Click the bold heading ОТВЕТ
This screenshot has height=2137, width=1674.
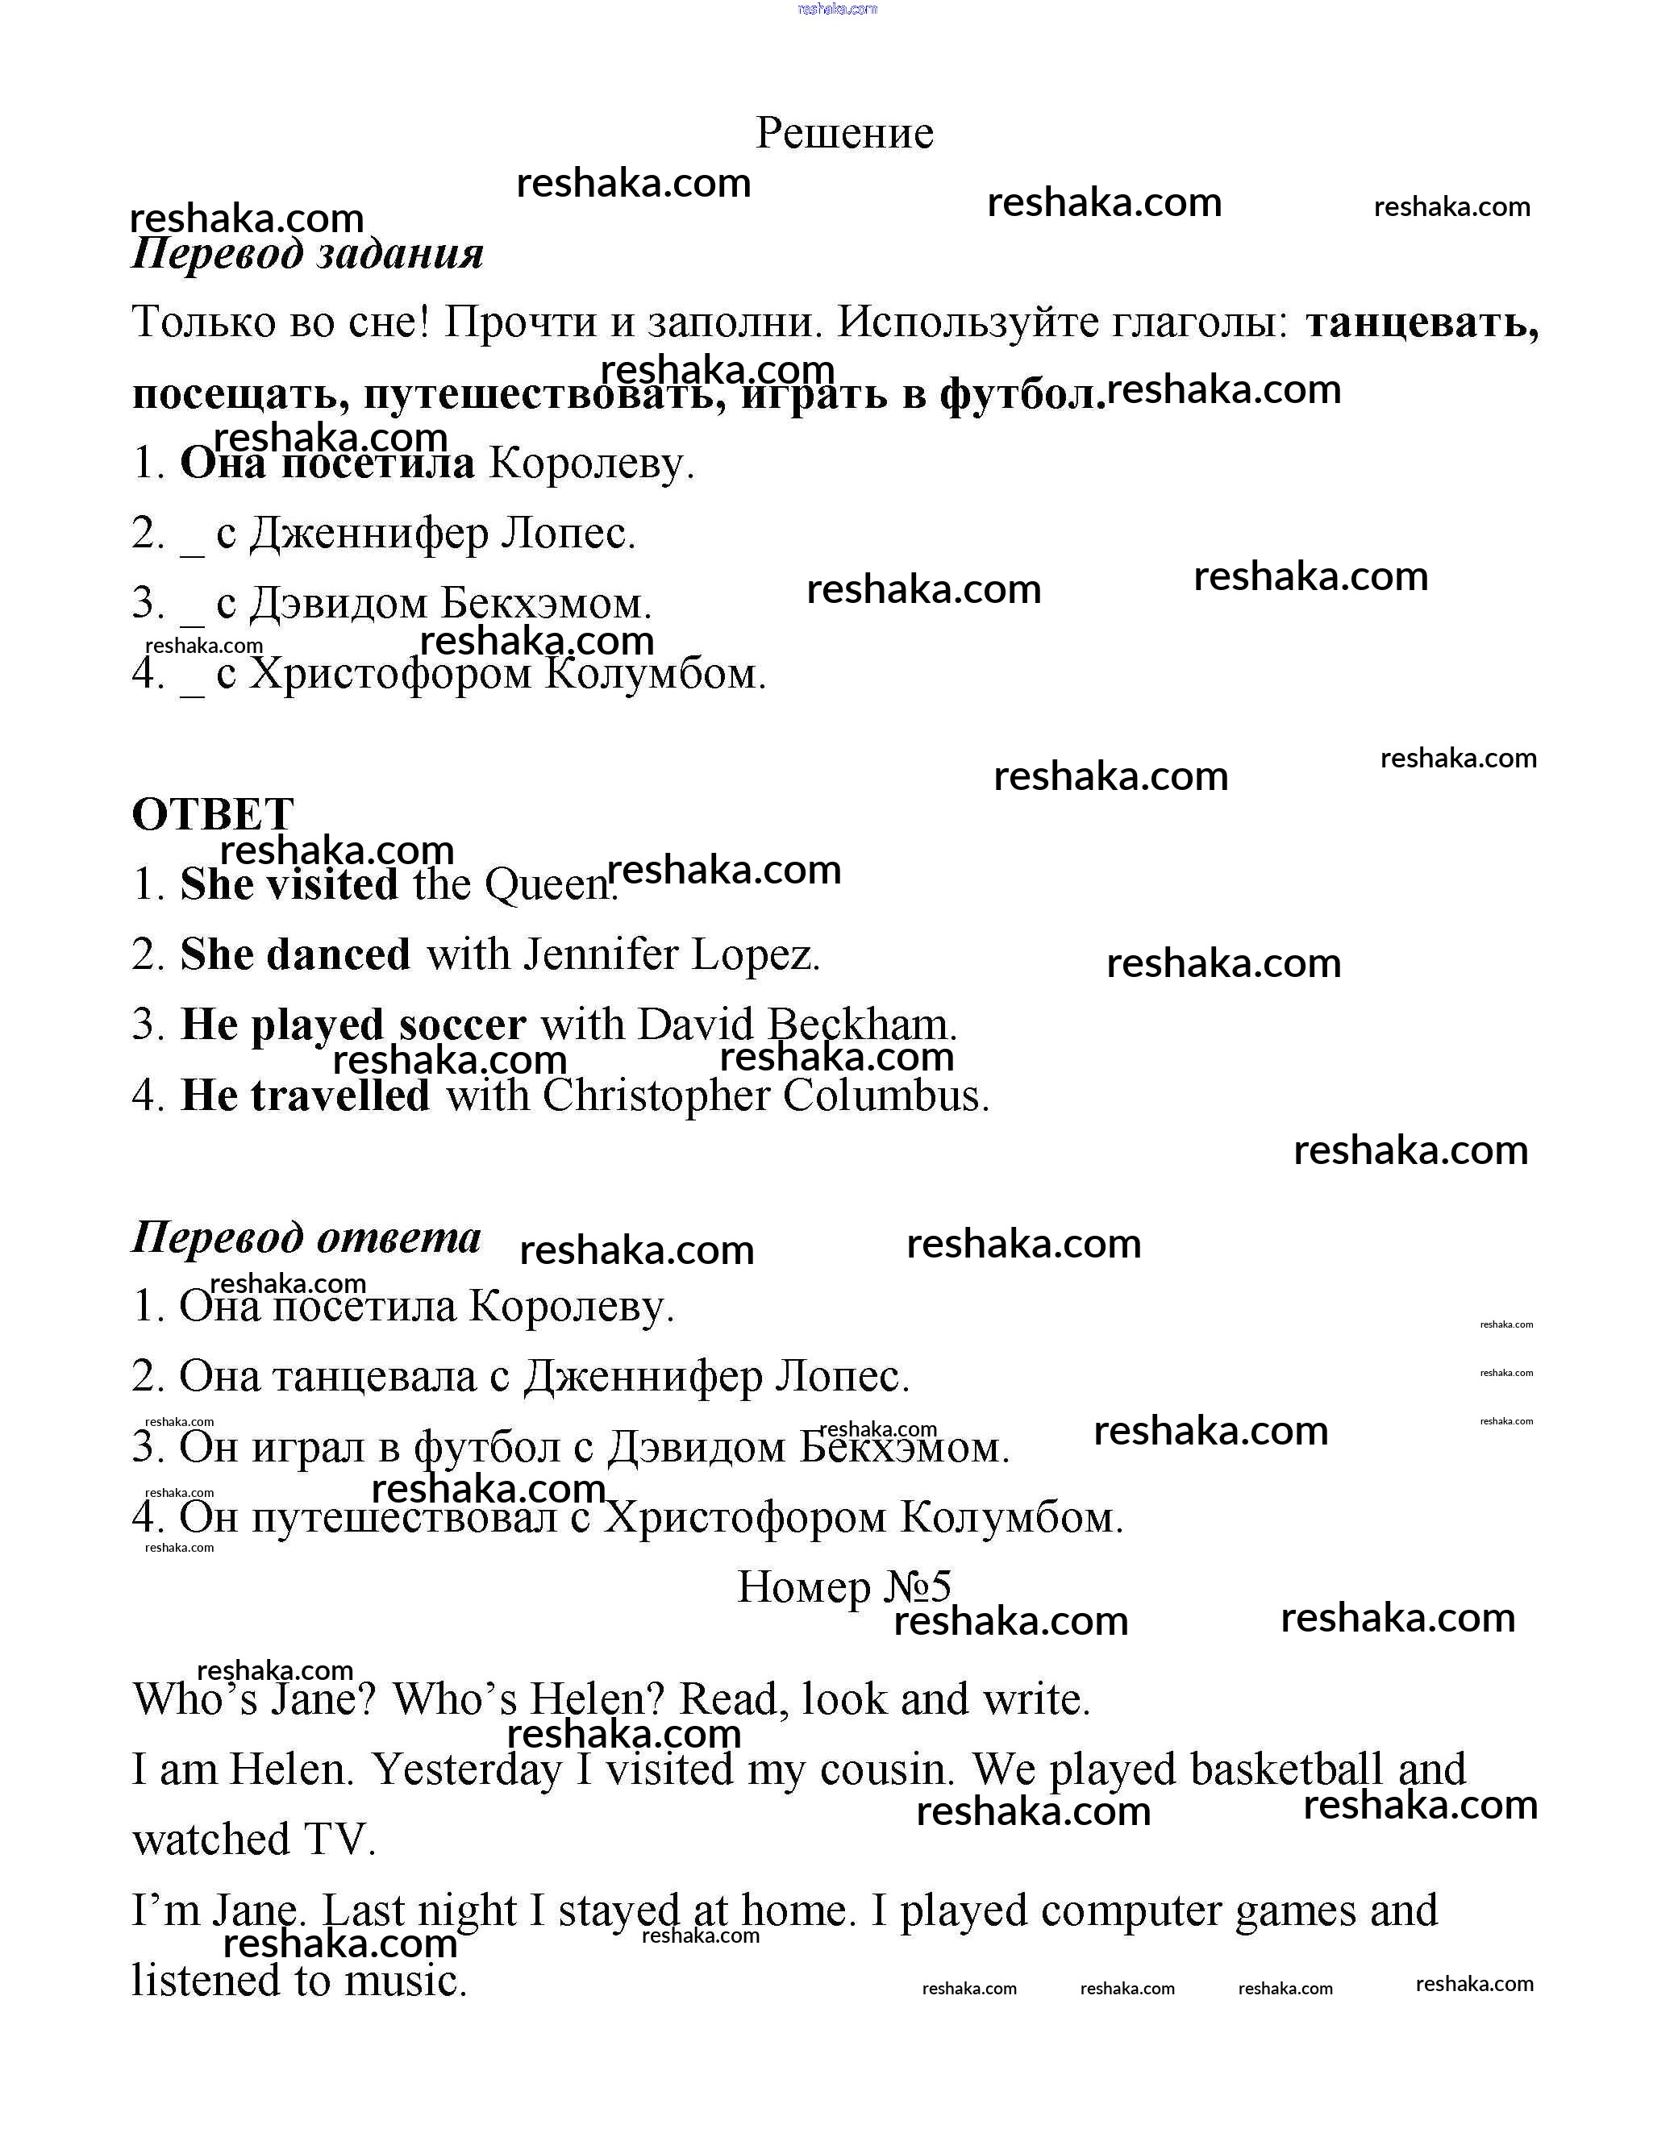[x=213, y=814]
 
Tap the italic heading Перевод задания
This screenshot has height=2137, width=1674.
[x=308, y=254]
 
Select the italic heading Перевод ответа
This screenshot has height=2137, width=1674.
[x=306, y=1237]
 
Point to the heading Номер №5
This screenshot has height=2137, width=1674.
[x=844, y=1587]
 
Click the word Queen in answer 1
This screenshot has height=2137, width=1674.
[x=549, y=885]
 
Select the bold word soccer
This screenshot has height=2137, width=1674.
[x=461, y=1025]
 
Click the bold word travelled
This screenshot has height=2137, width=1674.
[x=340, y=1096]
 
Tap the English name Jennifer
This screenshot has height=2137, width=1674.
[x=600, y=955]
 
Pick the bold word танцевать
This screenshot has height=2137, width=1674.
[x=1421, y=322]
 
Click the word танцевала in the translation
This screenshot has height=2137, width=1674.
[x=373, y=1377]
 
